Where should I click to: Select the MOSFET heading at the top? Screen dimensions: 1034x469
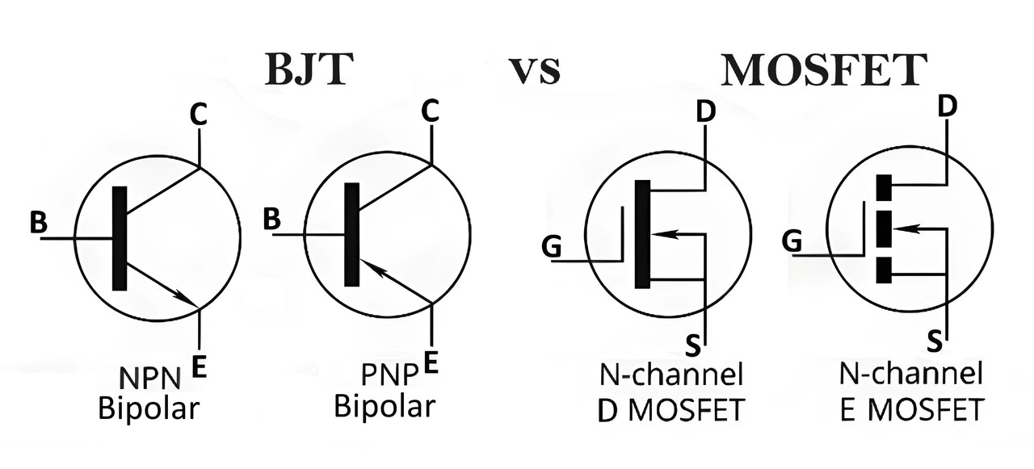click(x=824, y=69)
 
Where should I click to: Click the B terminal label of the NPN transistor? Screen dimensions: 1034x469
click(x=38, y=222)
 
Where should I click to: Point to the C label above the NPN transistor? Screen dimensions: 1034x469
click(x=199, y=115)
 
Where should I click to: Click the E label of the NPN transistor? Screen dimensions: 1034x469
click(x=199, y=366)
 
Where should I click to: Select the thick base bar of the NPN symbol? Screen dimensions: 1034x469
click(x=120, y=238)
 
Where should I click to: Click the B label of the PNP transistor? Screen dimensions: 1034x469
click(x=272, y=219)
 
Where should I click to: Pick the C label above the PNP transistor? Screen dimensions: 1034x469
click(x=431, y=111)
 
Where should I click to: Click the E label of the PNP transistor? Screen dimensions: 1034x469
click(x=431, y=362)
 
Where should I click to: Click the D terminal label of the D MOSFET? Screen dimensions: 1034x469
click(x=705, y=112)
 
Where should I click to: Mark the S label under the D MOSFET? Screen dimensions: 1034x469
click(x=692, y=345)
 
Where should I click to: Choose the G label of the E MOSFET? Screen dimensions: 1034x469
click(x=792, y=241)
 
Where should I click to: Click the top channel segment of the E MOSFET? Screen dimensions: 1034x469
click(x=884, y=187)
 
